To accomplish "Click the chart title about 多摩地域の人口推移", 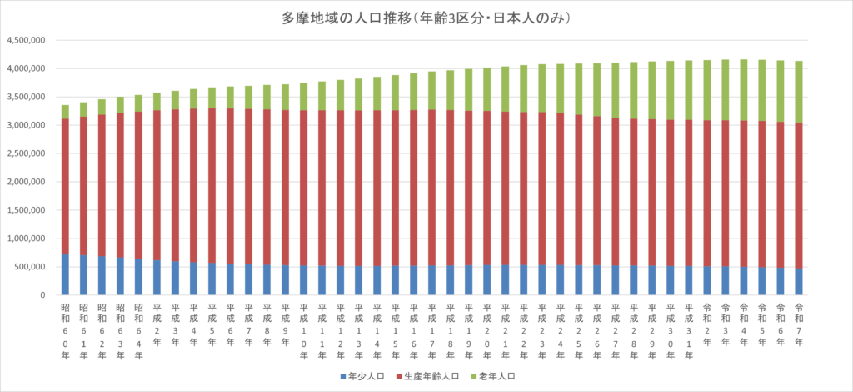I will (x=426, y=18).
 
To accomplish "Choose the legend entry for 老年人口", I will (x=495, y=376).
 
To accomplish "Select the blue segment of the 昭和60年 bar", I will (x=65, y=274).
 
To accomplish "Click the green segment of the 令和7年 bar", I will (x=799, y=92).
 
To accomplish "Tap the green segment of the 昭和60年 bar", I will (x=65, y=112).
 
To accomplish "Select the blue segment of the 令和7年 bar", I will (x=799, y=281).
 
